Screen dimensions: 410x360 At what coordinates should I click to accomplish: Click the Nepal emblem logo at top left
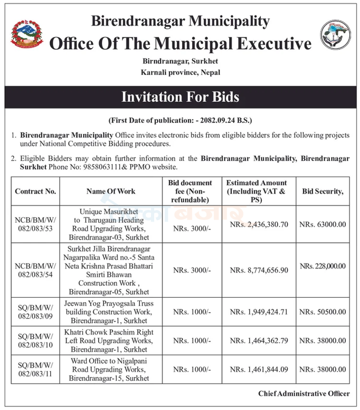point(27,34)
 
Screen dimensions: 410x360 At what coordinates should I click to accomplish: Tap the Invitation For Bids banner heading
point(180,97)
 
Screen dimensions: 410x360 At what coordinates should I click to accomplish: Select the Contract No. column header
point(35,191)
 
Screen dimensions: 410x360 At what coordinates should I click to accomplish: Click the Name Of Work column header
point(111,191)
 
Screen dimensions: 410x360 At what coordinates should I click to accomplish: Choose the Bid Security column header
point(323,191)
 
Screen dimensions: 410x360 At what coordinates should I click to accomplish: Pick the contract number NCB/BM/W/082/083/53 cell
point(35,224)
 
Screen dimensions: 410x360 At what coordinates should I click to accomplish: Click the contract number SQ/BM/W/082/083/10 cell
point(35,340)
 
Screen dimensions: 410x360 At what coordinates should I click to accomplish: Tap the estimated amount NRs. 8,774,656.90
point(259,270)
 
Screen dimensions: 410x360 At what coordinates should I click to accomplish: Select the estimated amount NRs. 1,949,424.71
point(259,312)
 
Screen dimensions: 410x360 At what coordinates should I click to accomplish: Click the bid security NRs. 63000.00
point(323,224)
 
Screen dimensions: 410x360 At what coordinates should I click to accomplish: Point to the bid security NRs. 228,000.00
point(323,266)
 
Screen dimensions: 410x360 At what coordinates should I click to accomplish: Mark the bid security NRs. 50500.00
point(323,312)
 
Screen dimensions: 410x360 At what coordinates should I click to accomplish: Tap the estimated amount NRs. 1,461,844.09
point(259,369)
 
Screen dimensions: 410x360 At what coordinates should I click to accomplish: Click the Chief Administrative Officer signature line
point(304,394)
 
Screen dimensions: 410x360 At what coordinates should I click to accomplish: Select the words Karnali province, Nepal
point(180,72)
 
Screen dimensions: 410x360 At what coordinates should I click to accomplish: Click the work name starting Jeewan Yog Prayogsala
point(111,312)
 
